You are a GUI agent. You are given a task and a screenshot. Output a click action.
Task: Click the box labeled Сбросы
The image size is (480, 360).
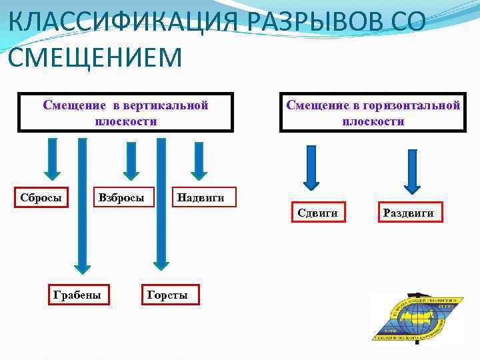(x=41, y=198)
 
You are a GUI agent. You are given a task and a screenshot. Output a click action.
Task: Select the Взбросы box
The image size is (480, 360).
(x=121, y=198)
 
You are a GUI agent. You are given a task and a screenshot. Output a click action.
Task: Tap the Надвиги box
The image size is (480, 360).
(x=201, y=197)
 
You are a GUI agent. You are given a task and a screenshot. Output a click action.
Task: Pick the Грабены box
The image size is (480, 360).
(x=77, y=294)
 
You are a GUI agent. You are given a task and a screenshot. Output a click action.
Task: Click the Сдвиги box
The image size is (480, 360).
(x=317, y=213)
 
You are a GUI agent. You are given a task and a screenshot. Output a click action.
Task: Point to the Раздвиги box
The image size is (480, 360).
(x=408, y=213)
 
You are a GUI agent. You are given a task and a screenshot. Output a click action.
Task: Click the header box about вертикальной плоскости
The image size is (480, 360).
(x=125, y=113)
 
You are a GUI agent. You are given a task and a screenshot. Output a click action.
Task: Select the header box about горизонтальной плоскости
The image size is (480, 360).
(x=373, y=113)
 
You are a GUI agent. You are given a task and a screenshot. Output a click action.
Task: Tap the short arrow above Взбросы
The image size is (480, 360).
(x=125, y=159)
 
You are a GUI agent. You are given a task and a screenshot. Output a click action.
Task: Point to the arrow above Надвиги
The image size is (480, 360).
(x=197, y=159)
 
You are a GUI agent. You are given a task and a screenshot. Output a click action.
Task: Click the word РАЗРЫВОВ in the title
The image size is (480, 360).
(x=309, y=24)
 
